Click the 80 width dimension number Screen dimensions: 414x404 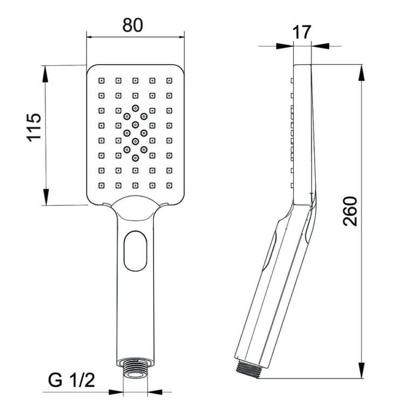[x=135, y=25]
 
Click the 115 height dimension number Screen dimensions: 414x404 [x=34, y=127]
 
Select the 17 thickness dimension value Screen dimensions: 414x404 [x=302, y=32]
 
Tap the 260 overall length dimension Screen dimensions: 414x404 [x=350, y=211]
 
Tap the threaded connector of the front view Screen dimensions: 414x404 [x=135, y=371]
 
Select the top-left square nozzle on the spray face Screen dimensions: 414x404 [x=101, y=81]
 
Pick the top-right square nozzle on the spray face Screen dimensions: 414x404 [x=170, y=81]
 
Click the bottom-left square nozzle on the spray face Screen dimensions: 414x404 [x=101, y=185]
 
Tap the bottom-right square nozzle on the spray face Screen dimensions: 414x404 [x=170, y=185]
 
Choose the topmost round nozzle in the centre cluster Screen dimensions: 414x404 [x=135, y=107]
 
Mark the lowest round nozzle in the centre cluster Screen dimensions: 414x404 [x=135, y=158]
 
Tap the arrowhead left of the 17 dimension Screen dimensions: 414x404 [x=285, y=46]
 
